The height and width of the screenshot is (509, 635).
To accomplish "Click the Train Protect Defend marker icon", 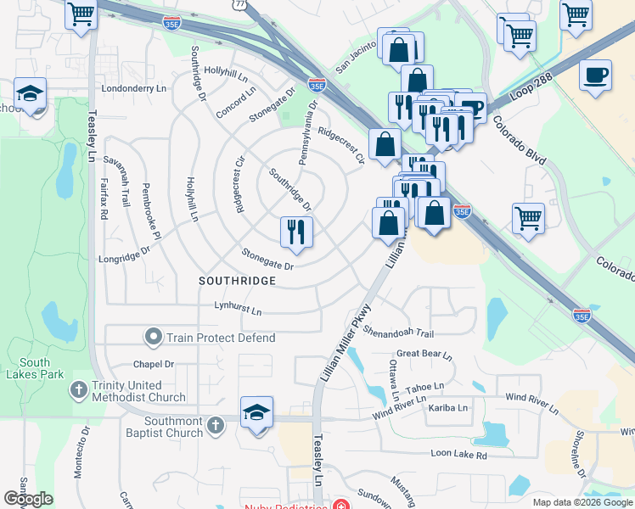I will tap(154, 338).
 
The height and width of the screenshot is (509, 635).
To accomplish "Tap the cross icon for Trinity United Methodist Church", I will tap(79, 390).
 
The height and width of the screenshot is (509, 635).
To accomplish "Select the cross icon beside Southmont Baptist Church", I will tap(216, 423).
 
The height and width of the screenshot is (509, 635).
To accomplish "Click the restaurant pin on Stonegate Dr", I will tap(296, 232).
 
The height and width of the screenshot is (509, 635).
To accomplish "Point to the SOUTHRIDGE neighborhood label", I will tap(237, 280).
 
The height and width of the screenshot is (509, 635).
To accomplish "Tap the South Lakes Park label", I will tap(34, 367).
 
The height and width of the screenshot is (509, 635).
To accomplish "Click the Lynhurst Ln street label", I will tap(238, 307).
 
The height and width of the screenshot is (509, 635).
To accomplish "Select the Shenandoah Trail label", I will tap(399, 332).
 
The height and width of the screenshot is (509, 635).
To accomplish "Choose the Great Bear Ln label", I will tap(424, 354).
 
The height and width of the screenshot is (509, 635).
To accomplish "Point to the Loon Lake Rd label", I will tap(458, 456).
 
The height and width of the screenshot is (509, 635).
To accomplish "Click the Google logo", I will tap(28, 499).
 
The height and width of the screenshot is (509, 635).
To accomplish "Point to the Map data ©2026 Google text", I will tap(582, 502).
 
